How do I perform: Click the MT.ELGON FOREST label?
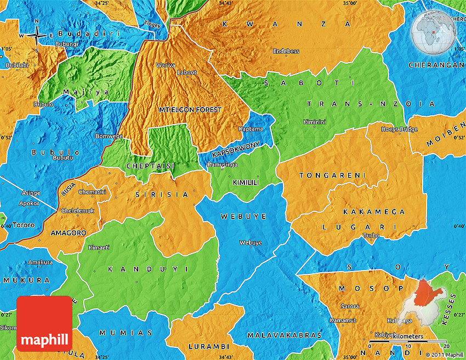tap(190, 110)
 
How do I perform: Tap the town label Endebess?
tap(286, 52)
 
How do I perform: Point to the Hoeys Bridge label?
tap(400, 130)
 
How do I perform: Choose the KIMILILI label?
tap(246, 182)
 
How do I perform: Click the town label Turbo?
tap(370, 236)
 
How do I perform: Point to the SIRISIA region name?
tap(162, 194)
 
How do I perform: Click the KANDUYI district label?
tap(148, 269)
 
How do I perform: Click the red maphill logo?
tap(44, 324)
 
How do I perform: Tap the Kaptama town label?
tap(251, 129)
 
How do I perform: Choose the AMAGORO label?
tap(68, 233)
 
